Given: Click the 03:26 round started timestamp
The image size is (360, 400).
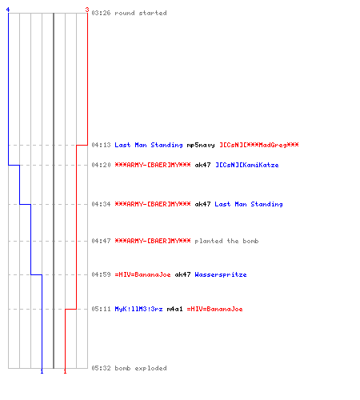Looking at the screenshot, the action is [101, 13].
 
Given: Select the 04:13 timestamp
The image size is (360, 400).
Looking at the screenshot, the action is [101, 145].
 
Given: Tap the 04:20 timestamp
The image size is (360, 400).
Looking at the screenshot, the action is [101, 165].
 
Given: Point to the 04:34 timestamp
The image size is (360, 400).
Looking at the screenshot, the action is [101, 204].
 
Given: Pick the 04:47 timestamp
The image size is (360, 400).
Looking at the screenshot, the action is [101, 241].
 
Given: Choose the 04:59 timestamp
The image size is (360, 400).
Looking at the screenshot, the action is [101, 274].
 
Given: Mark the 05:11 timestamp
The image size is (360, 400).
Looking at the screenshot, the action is [101, 309].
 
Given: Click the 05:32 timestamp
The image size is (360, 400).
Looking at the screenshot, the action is [101, 368].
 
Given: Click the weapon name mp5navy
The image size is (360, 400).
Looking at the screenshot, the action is [201, 145].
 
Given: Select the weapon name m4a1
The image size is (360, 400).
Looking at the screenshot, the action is [175, 309].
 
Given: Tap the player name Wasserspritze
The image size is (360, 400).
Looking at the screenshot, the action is [221, 274].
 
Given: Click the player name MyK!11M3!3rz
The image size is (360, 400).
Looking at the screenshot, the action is [138, 309].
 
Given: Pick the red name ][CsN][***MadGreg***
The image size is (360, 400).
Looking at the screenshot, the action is [259, 145].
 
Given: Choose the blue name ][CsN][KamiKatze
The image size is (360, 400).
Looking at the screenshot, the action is [247, 165].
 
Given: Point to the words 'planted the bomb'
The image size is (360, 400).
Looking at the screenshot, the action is [226, 241].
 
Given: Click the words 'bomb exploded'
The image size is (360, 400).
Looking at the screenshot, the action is [141, 368].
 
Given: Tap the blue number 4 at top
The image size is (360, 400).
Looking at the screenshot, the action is [8, 10].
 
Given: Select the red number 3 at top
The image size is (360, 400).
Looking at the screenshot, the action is [87, 10].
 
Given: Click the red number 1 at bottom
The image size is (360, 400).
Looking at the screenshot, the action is [65, 371].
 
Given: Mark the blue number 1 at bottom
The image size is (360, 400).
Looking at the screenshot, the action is [42, 371].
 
